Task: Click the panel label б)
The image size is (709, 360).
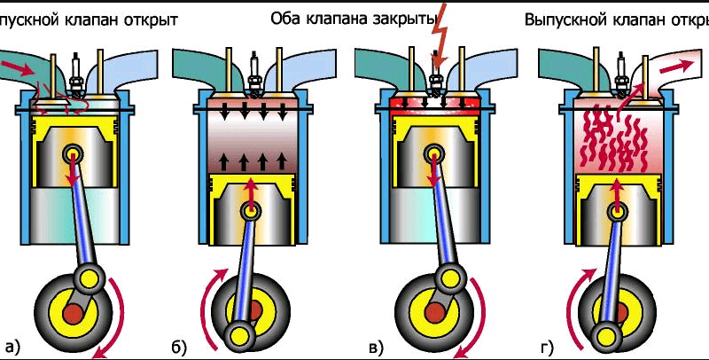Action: point(178,346)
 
